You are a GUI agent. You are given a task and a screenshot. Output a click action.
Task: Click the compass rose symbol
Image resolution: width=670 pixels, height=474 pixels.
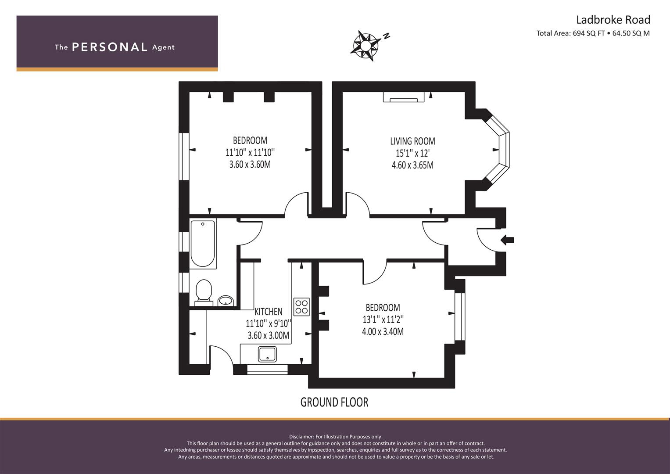[x=365, y=46]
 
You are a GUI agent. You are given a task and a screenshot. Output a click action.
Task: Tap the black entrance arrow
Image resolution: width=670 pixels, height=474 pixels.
[x=507, y=240]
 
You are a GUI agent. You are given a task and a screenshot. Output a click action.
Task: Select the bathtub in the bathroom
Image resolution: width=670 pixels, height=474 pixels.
[x=203, y=244]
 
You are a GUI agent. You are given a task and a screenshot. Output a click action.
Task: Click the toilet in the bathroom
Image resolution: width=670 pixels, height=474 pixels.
[x=204, y=292]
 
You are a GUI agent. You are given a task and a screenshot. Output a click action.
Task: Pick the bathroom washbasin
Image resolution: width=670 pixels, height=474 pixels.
[x=226, y=301]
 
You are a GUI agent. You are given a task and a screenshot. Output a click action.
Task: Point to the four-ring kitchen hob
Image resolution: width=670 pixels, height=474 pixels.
[x=301, y=307]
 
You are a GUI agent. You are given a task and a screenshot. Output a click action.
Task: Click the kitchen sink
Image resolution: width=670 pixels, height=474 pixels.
[x=267, y=354]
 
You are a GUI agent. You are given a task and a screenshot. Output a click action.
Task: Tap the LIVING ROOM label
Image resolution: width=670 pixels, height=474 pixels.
[x=412, y=141]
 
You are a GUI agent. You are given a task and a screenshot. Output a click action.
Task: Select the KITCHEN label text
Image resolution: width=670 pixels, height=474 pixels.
[x=268, y=312]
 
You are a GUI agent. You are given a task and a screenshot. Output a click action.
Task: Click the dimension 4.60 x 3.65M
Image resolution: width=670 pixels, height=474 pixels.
[x=412, y=165]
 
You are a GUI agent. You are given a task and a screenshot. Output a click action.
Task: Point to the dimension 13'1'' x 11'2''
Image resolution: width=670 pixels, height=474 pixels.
[x=383, y=320]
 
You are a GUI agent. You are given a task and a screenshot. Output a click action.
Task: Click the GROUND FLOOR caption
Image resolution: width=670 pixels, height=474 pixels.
[x=334, y=402]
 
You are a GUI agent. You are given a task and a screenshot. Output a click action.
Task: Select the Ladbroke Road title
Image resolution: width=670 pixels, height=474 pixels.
[x=613, y=20]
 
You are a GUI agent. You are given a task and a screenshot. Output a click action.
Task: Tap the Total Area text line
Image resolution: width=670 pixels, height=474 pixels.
[x=593, y=33]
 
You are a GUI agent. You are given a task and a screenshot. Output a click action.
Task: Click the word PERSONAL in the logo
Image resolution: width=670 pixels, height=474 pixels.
[x=110, y=47]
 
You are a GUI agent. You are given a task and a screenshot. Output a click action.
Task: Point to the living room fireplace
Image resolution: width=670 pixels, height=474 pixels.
[x=404, y=97]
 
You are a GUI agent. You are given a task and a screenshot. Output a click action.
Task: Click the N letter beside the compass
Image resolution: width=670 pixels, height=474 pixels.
[x=387, y=36]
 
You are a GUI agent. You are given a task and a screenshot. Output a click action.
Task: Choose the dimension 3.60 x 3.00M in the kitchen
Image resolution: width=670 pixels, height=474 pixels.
[x=268, y=335]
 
